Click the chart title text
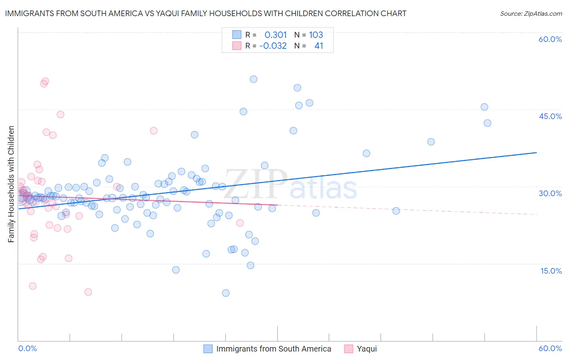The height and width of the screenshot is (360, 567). (x=206, y=13)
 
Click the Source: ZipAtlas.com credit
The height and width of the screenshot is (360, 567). (x=531, y=13)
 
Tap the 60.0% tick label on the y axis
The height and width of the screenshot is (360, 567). (x=550, y=39)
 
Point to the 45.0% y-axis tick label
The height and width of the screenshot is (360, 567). (x=550, y=116)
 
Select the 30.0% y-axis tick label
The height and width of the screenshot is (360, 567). (x=550, y=193)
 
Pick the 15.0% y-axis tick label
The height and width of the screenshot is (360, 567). (x=551, y=271)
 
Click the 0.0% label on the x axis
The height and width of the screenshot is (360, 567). (x=27, y=348)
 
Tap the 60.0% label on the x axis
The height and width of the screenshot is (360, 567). (x=550, y=348)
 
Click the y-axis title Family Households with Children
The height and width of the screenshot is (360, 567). (x=11, y=184)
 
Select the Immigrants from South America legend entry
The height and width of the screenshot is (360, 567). (x=273, y=349)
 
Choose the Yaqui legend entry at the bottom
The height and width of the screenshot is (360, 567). (x=367, y=349)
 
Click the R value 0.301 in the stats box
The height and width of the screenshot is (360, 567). (x=275, y=35)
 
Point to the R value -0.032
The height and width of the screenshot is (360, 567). (x=273, y=46)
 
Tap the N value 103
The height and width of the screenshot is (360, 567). (x=316, y=35)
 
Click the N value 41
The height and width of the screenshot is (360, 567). (x=319, y=46)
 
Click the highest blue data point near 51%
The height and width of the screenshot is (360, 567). (x=253, y=79)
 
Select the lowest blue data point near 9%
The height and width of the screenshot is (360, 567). (x=226, y=293)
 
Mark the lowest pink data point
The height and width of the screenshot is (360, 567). (x=88, y=292)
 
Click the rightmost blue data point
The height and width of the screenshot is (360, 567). (x=487, y=123)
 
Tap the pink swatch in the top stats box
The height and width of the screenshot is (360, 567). (x=237, y=46)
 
